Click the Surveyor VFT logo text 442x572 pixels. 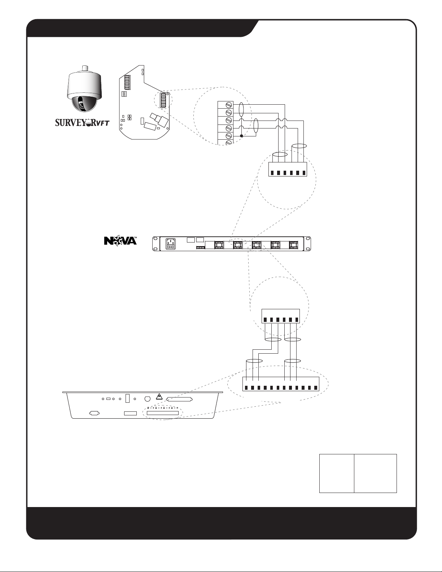(x=82, y=123)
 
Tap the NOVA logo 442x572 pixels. (x=121, y=241)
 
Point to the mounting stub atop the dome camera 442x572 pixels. (x=85, y=68)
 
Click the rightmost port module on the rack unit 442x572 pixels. (x=294, y=245)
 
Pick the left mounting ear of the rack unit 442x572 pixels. (x=156, y=244)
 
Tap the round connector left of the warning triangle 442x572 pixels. (x=147, y=399)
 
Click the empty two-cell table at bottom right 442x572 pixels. (x=358, y=473)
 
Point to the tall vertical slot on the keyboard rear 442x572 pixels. (x=127, y=398)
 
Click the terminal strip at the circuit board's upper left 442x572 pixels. (x=127, y=83)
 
